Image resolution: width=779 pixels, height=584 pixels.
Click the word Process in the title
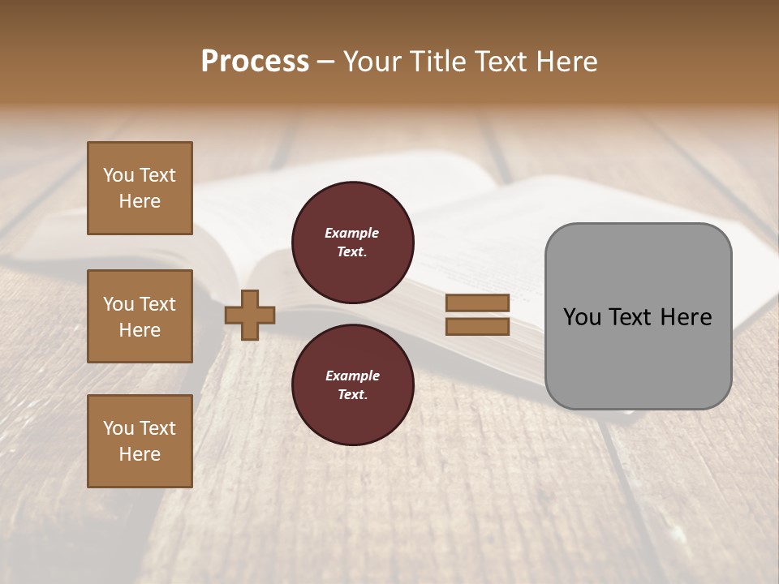(255, 62)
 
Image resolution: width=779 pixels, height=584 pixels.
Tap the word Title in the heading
(435, 62)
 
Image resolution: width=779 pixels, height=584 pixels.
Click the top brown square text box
(140, 188)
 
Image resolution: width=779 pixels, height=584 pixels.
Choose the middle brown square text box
(140, 316)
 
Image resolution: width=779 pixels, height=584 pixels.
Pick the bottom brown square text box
(140, 441)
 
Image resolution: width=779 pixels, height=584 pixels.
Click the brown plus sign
(250, 315)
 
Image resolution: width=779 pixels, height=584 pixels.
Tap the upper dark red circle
(353, 243)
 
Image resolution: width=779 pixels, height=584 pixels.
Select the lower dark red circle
(353, 385)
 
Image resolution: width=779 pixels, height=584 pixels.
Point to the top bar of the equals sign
(478, 303)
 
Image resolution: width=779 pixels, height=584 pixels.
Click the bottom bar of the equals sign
(478, 326)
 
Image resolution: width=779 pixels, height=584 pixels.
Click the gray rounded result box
(638, 357)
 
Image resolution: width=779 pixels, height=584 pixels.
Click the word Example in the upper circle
(352, 234)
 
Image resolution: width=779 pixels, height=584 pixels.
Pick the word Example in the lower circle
(352, 376)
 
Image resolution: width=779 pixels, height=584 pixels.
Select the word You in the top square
(118, 175)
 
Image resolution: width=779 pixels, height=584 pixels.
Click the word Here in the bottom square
(140, 454)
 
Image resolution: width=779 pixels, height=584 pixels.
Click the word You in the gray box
(582, 317)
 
